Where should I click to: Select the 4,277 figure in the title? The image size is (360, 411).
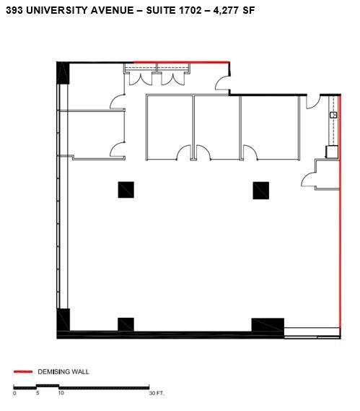point(226,11)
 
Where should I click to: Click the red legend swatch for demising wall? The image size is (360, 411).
point(23,371)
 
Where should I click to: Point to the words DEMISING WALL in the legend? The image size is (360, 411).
point(63,371)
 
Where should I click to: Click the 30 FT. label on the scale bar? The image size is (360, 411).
point(157,393)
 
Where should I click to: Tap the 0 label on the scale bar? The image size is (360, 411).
point(14,393)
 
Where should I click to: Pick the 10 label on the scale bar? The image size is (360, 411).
point(61,393)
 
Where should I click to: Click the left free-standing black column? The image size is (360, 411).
point(126,190)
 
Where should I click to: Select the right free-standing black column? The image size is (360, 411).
point(260,191)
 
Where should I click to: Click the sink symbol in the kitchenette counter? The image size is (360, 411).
point(333,115)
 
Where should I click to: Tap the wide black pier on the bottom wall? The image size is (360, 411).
point(268,325)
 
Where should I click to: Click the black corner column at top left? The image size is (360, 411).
point(63,73)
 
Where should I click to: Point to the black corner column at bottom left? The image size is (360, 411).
point(63,320)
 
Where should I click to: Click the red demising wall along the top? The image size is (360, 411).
point(181,62)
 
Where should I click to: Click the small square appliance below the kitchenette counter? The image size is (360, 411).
point(332,152)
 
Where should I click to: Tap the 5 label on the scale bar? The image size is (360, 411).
point(38,393)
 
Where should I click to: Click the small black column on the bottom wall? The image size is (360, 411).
point(126,324)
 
